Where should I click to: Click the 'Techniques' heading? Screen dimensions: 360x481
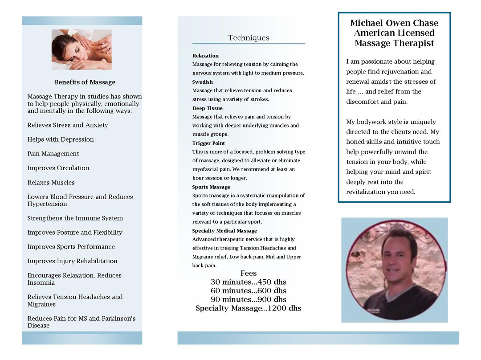249,38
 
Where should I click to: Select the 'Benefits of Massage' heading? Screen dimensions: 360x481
85,82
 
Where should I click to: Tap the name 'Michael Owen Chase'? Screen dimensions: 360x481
394,23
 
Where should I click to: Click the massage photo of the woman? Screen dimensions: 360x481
82,49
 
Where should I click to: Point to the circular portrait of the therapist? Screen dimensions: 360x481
394,270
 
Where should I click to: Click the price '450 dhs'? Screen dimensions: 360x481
272,282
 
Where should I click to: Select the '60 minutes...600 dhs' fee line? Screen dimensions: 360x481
249,291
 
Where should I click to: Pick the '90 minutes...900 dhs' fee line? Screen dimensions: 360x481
249,299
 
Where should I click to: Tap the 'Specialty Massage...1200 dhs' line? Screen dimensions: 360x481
249,308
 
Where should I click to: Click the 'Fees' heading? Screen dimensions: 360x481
249,273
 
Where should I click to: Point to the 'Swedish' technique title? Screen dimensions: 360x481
203,82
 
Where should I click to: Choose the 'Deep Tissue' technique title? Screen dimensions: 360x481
208,108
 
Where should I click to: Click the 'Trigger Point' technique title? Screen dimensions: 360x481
208,143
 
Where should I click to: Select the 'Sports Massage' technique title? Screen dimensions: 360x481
211,187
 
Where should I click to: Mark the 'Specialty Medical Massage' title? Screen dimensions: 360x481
224,231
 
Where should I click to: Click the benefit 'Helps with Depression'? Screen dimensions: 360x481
61,139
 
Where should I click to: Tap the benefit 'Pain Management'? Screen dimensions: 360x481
53,154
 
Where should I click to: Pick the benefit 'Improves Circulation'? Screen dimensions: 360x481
58,168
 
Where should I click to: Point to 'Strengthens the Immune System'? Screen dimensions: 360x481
75,218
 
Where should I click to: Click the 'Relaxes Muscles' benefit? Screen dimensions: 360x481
51,183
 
